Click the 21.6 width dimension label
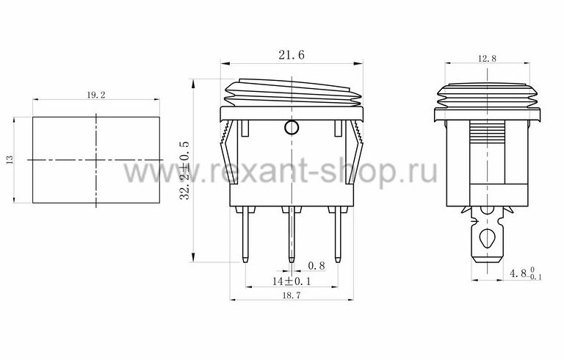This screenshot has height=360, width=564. (292, 54)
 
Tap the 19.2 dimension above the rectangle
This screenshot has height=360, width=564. (96, 95)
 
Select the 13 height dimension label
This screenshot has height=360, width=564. (10, 159)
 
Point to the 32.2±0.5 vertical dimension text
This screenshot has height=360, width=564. (184, 170)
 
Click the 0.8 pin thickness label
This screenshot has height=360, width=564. (317, 266)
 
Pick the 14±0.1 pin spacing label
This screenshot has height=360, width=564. (292, 281)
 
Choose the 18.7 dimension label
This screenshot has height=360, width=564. (292, 295)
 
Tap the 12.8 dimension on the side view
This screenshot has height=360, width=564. (487, 58)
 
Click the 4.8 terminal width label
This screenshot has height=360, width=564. (526, 273)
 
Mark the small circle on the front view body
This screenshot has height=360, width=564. (292, 127)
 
